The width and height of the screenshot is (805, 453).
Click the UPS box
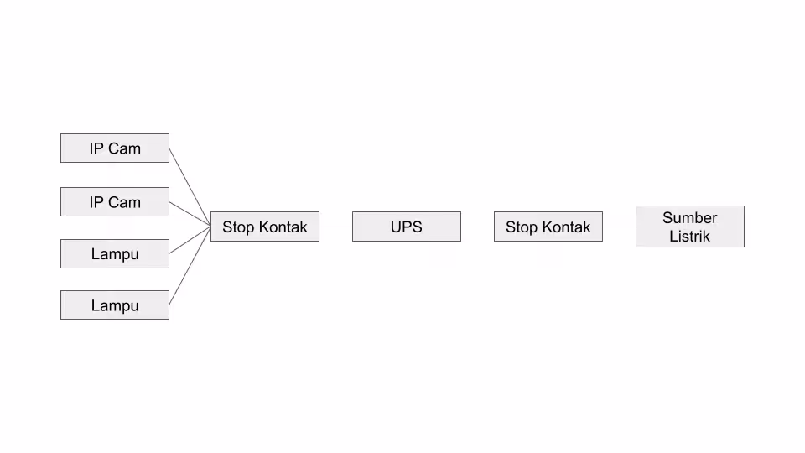click(x=407, y=226)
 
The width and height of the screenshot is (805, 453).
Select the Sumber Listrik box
click(x=690, y=226)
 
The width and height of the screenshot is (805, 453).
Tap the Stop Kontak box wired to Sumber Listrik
click(x=548, y=226)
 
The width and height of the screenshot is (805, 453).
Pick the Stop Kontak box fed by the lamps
click(x=265, y=226)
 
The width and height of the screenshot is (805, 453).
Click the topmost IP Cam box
click(x=115, y=148)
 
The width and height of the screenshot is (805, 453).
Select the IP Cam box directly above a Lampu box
click(x=115, y=202)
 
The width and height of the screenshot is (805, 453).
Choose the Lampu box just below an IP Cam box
click(x=115, y=253)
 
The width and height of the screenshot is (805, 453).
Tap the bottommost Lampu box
click(x=115, y=305)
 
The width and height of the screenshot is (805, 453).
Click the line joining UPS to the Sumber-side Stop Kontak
click(x=477, y=226)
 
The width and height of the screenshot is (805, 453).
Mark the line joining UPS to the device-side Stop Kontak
click(x=335, y=226)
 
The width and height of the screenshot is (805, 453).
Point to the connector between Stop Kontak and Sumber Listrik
click(x=619, y=226)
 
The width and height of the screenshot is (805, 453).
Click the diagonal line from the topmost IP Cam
click(x=190, y=187)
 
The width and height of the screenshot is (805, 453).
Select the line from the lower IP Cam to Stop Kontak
click(x=190, y=214)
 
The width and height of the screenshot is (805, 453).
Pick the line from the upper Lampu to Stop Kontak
click(x=190, y=240)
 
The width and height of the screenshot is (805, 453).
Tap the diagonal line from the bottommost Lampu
click(x=190, y=266)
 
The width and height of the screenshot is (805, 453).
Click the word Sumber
click(x=689, y=218)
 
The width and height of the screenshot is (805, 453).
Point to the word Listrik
click(x=689, y=237)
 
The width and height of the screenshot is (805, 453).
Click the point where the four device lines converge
click(x=210, y=226)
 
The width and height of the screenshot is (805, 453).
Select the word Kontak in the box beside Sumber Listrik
click(x=566, y=227)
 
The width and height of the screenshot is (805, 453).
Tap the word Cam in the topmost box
click(x=124, y=148)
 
